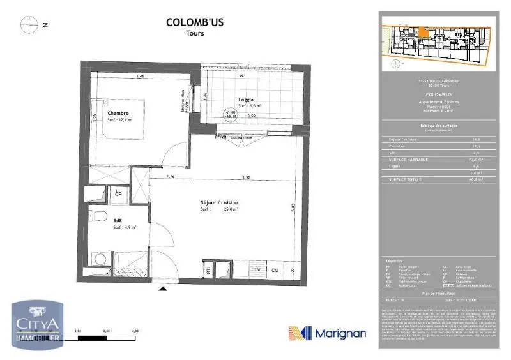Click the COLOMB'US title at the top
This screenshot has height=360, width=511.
[x=195, y=22]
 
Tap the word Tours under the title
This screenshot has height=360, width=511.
[x=195, y=33]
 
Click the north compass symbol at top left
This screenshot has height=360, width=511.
[x=29, y=25]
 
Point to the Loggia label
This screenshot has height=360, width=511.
[x=245, y=100]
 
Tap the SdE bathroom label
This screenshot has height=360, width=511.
[x=118, y=221]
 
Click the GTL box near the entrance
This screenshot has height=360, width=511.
[x=208, y=269]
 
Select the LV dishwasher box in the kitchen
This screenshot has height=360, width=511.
[x=257, y=270]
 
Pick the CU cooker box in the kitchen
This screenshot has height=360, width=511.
[x=276, y=270]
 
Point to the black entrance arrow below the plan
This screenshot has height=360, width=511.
[x=163, y=289]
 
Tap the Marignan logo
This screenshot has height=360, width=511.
[x=327, y=333]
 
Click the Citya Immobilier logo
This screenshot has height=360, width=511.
[x=37, y=325]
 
